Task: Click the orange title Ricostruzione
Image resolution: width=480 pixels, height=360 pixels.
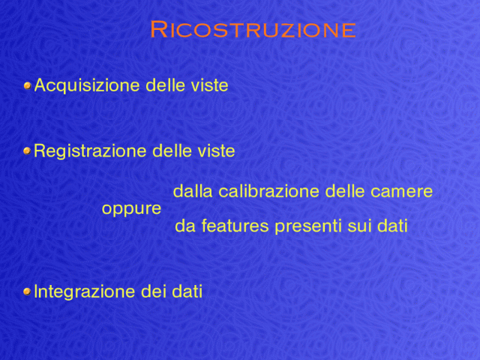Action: [253, 30]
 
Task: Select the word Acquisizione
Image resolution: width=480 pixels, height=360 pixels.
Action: [87, 85]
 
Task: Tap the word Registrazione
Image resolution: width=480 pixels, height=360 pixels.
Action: [90, 151]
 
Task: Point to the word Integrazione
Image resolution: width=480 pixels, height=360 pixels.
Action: [84, 292]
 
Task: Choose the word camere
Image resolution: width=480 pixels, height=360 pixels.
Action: [402, 192]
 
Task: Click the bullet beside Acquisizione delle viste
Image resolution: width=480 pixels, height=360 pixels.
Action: [28, 85]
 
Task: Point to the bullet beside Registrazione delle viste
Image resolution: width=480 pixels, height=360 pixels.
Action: [27, 151]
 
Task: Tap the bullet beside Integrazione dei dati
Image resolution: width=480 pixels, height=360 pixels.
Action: [27, 292]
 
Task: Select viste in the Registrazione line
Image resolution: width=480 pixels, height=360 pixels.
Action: [216, 151]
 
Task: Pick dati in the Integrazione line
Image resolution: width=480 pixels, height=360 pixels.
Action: [187, 292]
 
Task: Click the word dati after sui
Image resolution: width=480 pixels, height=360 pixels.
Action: [392, 226]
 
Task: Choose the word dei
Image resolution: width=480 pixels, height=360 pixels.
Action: [153, 292]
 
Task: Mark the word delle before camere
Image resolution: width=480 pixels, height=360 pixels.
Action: [345, 191]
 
